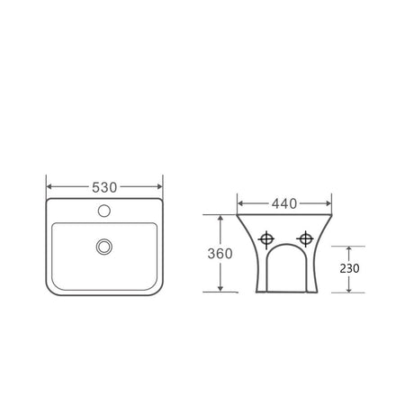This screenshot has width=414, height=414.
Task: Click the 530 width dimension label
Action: point(104,187)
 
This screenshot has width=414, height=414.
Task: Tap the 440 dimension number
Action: point(284,203)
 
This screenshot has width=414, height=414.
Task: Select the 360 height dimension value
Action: point(220,254)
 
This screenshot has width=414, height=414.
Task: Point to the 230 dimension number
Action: point(349,268)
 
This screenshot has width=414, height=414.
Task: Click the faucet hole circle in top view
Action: point(104,211)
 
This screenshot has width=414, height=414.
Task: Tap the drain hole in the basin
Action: point(104,247)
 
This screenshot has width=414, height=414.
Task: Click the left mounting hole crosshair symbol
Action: point(266,239)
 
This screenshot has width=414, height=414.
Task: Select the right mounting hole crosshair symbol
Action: point(305,239)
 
